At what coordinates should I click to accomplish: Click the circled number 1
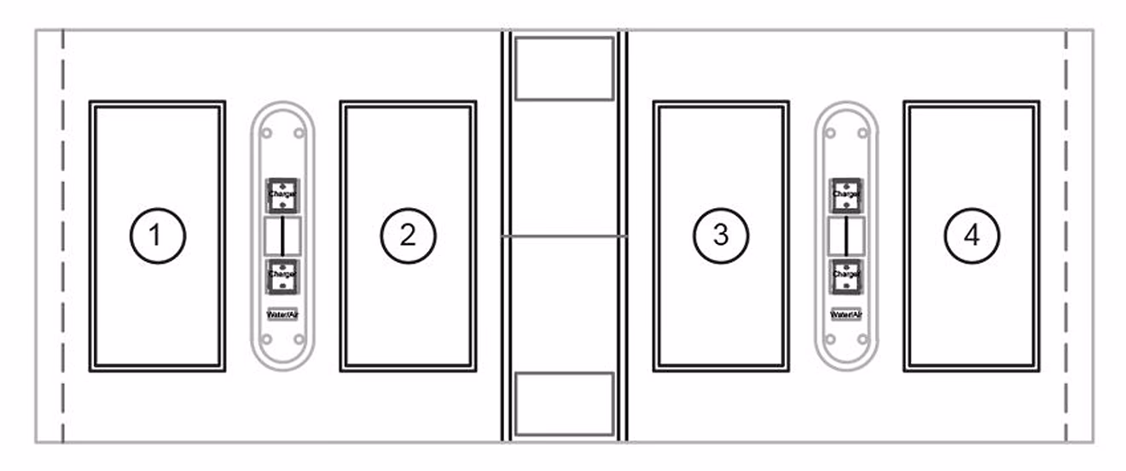tap(157, 235)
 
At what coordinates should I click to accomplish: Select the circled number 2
tap(408, 235)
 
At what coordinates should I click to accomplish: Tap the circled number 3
tap(721, 235)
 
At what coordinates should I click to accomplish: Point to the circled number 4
tap(972, 235)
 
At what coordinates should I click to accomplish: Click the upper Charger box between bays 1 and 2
tap(281, 195)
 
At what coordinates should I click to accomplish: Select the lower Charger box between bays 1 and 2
tap(281, 275)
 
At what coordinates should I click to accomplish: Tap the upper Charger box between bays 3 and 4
tap(845, 195)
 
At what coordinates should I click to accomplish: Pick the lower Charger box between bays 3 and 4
tap(845, 275)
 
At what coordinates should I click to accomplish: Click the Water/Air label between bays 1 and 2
tap(282, 314)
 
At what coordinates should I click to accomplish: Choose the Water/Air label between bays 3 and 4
tap(846, 314)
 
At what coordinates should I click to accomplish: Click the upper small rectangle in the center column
tap(565, 68)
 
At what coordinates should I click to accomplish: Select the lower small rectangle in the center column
tap(565, 404)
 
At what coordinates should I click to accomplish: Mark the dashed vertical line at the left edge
tap(63, 236)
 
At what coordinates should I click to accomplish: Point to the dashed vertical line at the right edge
tap(1066, 236)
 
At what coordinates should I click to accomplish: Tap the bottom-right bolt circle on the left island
tap(299, 340)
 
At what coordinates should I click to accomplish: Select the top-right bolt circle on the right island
tap(862, 133)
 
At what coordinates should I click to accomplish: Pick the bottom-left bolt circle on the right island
tap(831, 340)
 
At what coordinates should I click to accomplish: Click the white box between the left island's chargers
tap(282, 235)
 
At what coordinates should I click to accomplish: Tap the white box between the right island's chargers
tap(846, 235)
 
